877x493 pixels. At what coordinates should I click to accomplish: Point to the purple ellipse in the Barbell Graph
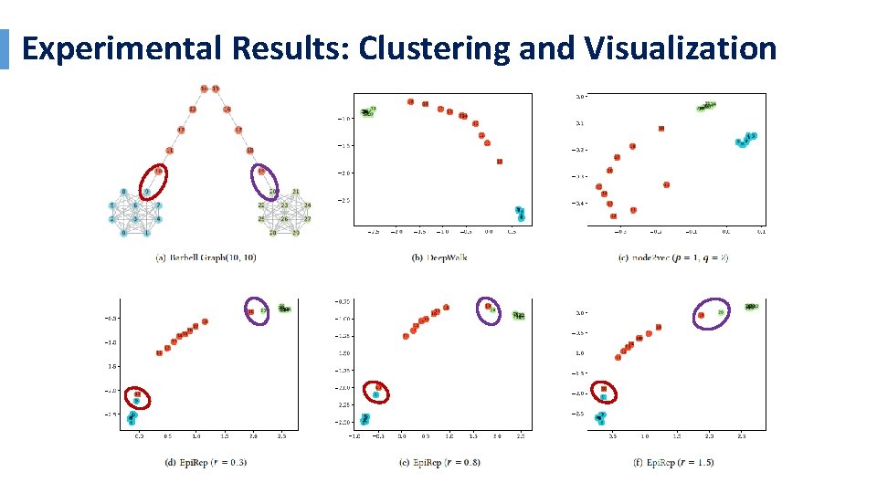pos(267,182)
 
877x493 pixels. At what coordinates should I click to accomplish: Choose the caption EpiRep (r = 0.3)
pos(206,462)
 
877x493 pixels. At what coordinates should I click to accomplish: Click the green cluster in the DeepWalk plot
pos(368,112)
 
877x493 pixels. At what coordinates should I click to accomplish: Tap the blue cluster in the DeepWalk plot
pos(519,214)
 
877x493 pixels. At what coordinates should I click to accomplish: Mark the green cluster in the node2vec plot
pos(707,107)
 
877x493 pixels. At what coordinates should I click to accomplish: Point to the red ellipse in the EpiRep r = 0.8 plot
pos(375,392)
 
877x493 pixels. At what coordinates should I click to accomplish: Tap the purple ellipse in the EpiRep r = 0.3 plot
pos(258,311)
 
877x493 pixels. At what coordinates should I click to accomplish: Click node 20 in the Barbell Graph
pos(271,192)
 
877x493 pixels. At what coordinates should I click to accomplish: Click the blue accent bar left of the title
pos(4,49)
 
